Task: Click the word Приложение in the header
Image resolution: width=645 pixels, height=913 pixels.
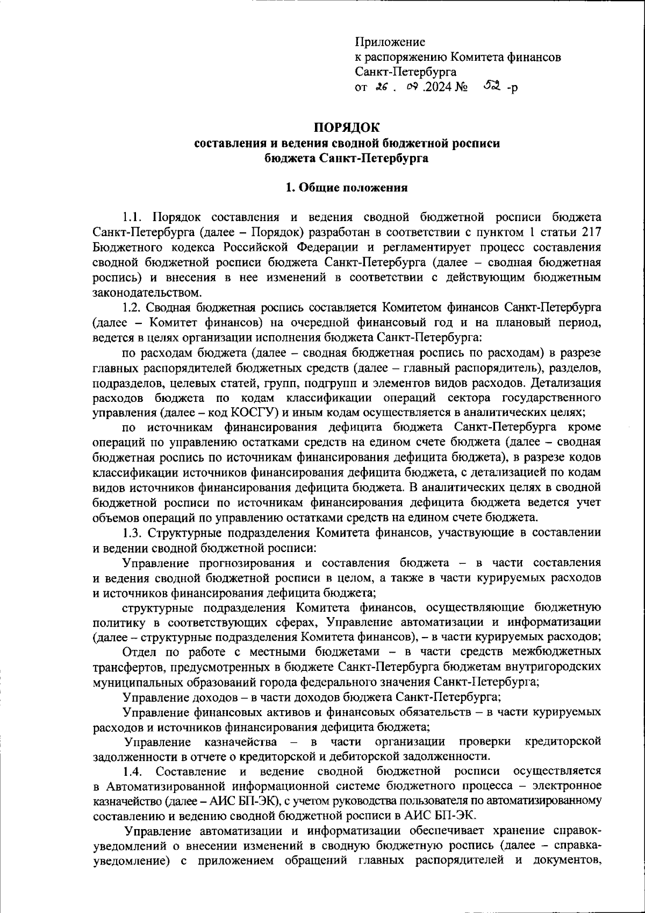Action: click(x=390, y=42)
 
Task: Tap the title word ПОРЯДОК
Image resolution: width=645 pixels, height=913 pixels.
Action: click(x=347, y=128)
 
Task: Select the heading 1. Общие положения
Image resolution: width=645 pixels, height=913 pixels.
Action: click(x=347, y=188)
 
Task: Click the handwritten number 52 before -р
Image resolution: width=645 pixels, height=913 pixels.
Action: click(x=492, y=85)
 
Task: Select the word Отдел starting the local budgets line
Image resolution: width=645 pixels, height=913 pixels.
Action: click(x=139, y=652)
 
